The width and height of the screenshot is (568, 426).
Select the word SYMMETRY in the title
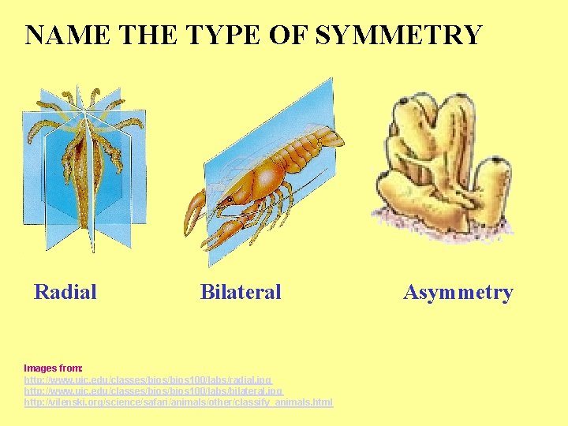click(398, 35)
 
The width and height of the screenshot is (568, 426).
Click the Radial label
click(65, 292)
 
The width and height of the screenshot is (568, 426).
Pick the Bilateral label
click(241, 292)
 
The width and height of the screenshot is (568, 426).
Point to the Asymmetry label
click(458, 293)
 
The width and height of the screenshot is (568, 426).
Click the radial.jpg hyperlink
click(148, 379)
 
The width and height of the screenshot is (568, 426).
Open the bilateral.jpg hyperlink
click(153, 390)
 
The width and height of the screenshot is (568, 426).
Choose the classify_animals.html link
click(178, 402)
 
